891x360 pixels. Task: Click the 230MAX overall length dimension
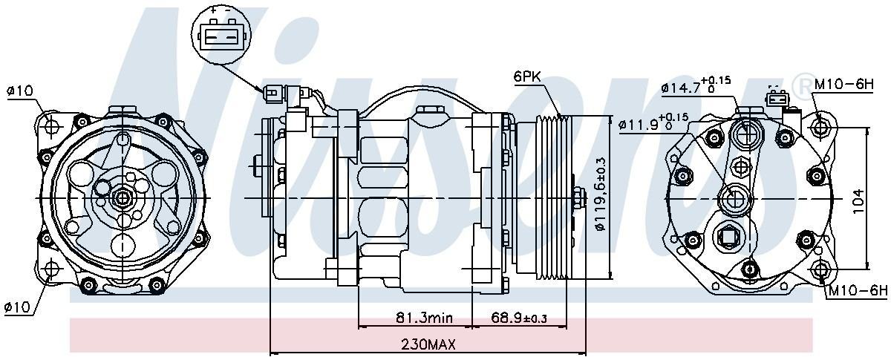(x=428, y=344)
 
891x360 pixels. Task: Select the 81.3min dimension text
(x=423, y=318)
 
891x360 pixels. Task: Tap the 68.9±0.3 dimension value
(x=519, y=318)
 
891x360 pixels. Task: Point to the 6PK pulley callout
(x=527, y=76)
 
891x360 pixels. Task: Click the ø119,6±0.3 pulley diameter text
(x=601, y=197)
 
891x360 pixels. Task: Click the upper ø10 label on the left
(x=19, y=91)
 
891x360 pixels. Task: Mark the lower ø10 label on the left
(x=19, y=306)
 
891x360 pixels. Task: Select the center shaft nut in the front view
(x=120, y=199)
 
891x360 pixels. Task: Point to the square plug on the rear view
(x=727, y=238)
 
